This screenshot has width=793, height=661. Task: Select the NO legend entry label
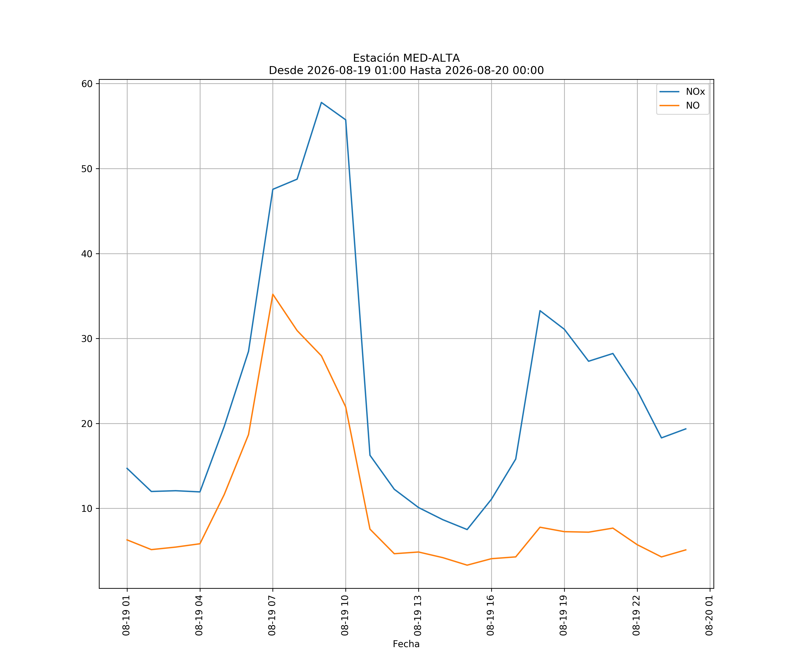tap(693, 106)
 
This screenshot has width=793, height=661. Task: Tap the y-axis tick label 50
tap(87, 169)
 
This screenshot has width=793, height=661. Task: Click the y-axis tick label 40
tap(87, 254)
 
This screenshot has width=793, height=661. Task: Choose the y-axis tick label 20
tap(87, 423)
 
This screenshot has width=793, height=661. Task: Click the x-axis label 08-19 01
tap(126, 615)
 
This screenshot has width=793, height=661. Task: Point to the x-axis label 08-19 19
tap(563, 615)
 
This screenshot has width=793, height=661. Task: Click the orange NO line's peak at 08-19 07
tap(273, 294)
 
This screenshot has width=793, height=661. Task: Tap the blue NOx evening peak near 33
tap(540, 310)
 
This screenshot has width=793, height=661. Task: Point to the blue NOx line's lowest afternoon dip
tap(467, 529)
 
